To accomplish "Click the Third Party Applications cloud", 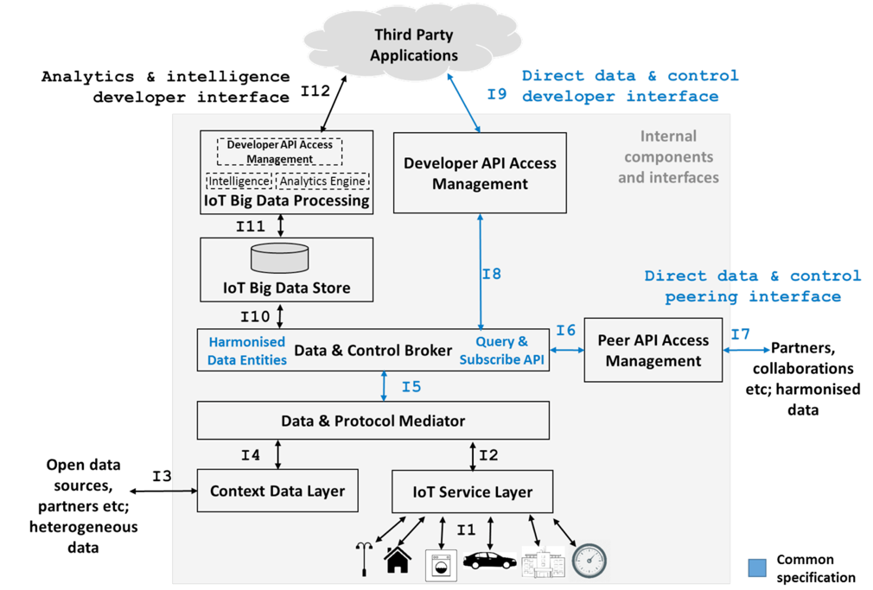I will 415,45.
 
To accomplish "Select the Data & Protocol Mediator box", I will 373,421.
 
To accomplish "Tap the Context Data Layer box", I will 277,492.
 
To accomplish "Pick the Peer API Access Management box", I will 653,350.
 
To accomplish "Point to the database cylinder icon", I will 279,258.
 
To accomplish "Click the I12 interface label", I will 315,90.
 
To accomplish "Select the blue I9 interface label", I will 496,94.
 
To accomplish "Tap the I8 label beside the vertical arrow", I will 491,274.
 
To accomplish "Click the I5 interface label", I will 411,386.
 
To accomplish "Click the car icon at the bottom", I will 489,561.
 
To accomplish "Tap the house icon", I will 398,560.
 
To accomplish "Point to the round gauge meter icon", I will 589,561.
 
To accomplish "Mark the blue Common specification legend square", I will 756,568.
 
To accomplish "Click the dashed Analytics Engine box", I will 322,181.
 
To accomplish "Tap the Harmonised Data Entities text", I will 247,351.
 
